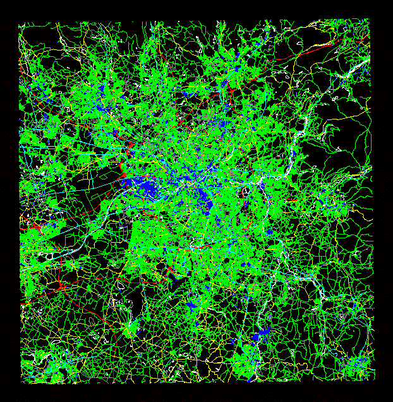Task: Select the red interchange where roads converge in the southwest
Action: (61, 288)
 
